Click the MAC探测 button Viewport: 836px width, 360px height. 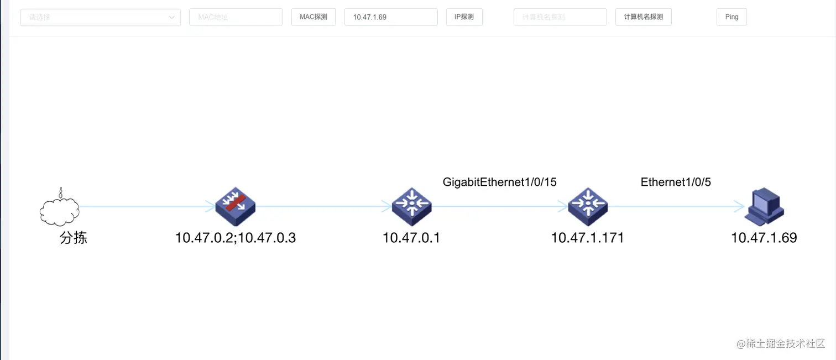pyautogui.click(x=313, y=17)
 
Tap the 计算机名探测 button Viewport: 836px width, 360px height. pyautogui.click(x=643, y=17)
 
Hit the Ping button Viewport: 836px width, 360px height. pyautogui.click(x=731, y=17)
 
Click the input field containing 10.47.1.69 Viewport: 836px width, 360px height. pyautogui.click(x=390, y=17)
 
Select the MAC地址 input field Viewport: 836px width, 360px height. pyautogui.click(x=236, y=17)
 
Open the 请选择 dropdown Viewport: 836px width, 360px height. pyautogui.click(x=100, y=17)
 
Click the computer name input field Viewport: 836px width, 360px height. pyautogui.click(x=560, y=17)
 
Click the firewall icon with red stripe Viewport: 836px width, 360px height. pyautogui.click(x=235, y=206)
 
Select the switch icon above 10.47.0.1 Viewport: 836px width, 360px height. pyautogui.click(x=411, y=207)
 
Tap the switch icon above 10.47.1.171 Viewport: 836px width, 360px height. pyautogui.click(x=588, y=207)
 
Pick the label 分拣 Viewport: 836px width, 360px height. pyautogui.click(x=74, y=238)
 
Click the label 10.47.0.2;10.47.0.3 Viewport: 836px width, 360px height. pyautogui.click(x=236, y=238)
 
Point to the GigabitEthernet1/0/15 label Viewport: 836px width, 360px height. pyautogui.click(x=499, y=182)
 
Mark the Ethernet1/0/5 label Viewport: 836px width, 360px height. pyautogui.click(x=676, y=182)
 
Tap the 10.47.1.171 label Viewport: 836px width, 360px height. pyautogui.click(x=587, y=238)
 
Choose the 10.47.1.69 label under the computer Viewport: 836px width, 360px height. pyautogui.click(x=764, y=238)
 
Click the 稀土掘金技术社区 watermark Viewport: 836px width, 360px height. pyautogui.click(x=780, y=343)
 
